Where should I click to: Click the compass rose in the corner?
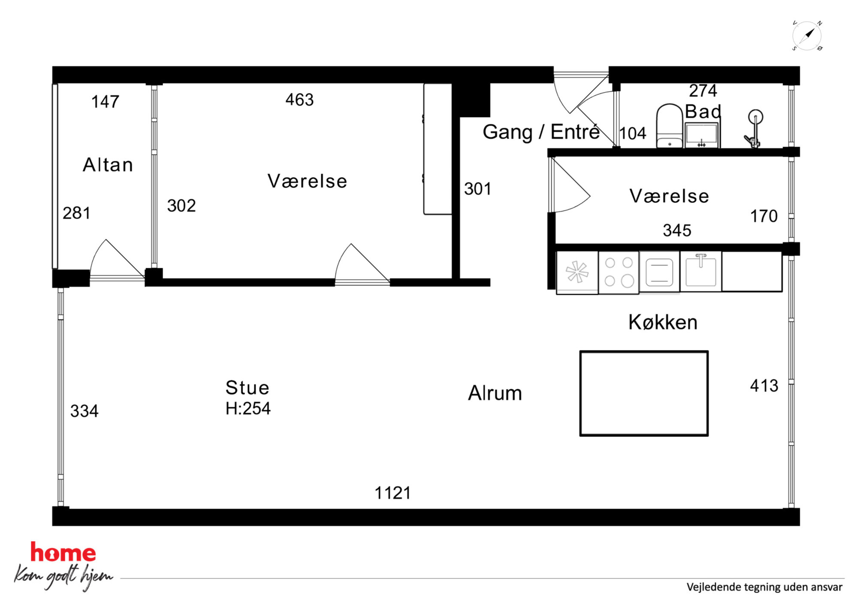click(x=807, y=36)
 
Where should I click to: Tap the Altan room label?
click(x=108, y=165)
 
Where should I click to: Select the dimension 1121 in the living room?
click(x=392, y=493)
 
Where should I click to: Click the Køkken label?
click(x=663, y=322)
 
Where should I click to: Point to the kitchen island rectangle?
click(x=644, y=393)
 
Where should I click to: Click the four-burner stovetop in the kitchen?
click(x=619, y=272)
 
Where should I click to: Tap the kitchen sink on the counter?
click(x=700, y=271)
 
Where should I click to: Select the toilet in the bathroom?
click(x=669, y=126)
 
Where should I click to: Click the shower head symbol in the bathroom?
click(x=754, y=129)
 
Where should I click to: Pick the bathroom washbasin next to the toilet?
click(x=701, y=135)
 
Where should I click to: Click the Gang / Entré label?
click(x=541, y=132)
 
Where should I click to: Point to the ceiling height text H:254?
click(x=248, y=408)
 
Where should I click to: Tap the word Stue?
click(x=247, y=388)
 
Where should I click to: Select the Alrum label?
click(x=495, y=393)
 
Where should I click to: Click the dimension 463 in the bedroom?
click(x=299, y=100)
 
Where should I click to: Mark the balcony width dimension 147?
click(x=105, y=102)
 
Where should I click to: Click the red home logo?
click(x=63, y=553)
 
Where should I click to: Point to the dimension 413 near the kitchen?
click(x=764, y=386)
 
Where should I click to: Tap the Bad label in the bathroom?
click(x=703, y=112)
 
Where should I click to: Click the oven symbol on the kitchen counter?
click(x=659, y=272)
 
